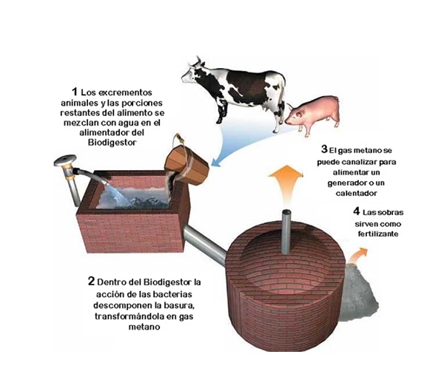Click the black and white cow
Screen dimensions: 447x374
tap(237, 88)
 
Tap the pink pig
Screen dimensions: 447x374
tap(314, 112)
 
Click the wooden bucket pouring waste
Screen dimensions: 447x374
tap(186, 164)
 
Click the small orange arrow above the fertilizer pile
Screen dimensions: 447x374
tap(357, 255)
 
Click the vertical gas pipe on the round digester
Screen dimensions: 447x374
tap(286, 231)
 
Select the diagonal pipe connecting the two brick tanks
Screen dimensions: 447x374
tap(205, 245)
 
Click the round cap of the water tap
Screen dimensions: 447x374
tap(65, 160)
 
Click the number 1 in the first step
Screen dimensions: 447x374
tap(75, 92)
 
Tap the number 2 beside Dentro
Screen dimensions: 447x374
tap(91, 281)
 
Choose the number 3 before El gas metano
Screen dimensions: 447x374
tap(324, 149)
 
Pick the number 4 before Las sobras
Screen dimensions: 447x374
tap(357, 211)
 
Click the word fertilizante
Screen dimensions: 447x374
tap(377, 234)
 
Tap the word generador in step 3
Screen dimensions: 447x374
tap(344, 183)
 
